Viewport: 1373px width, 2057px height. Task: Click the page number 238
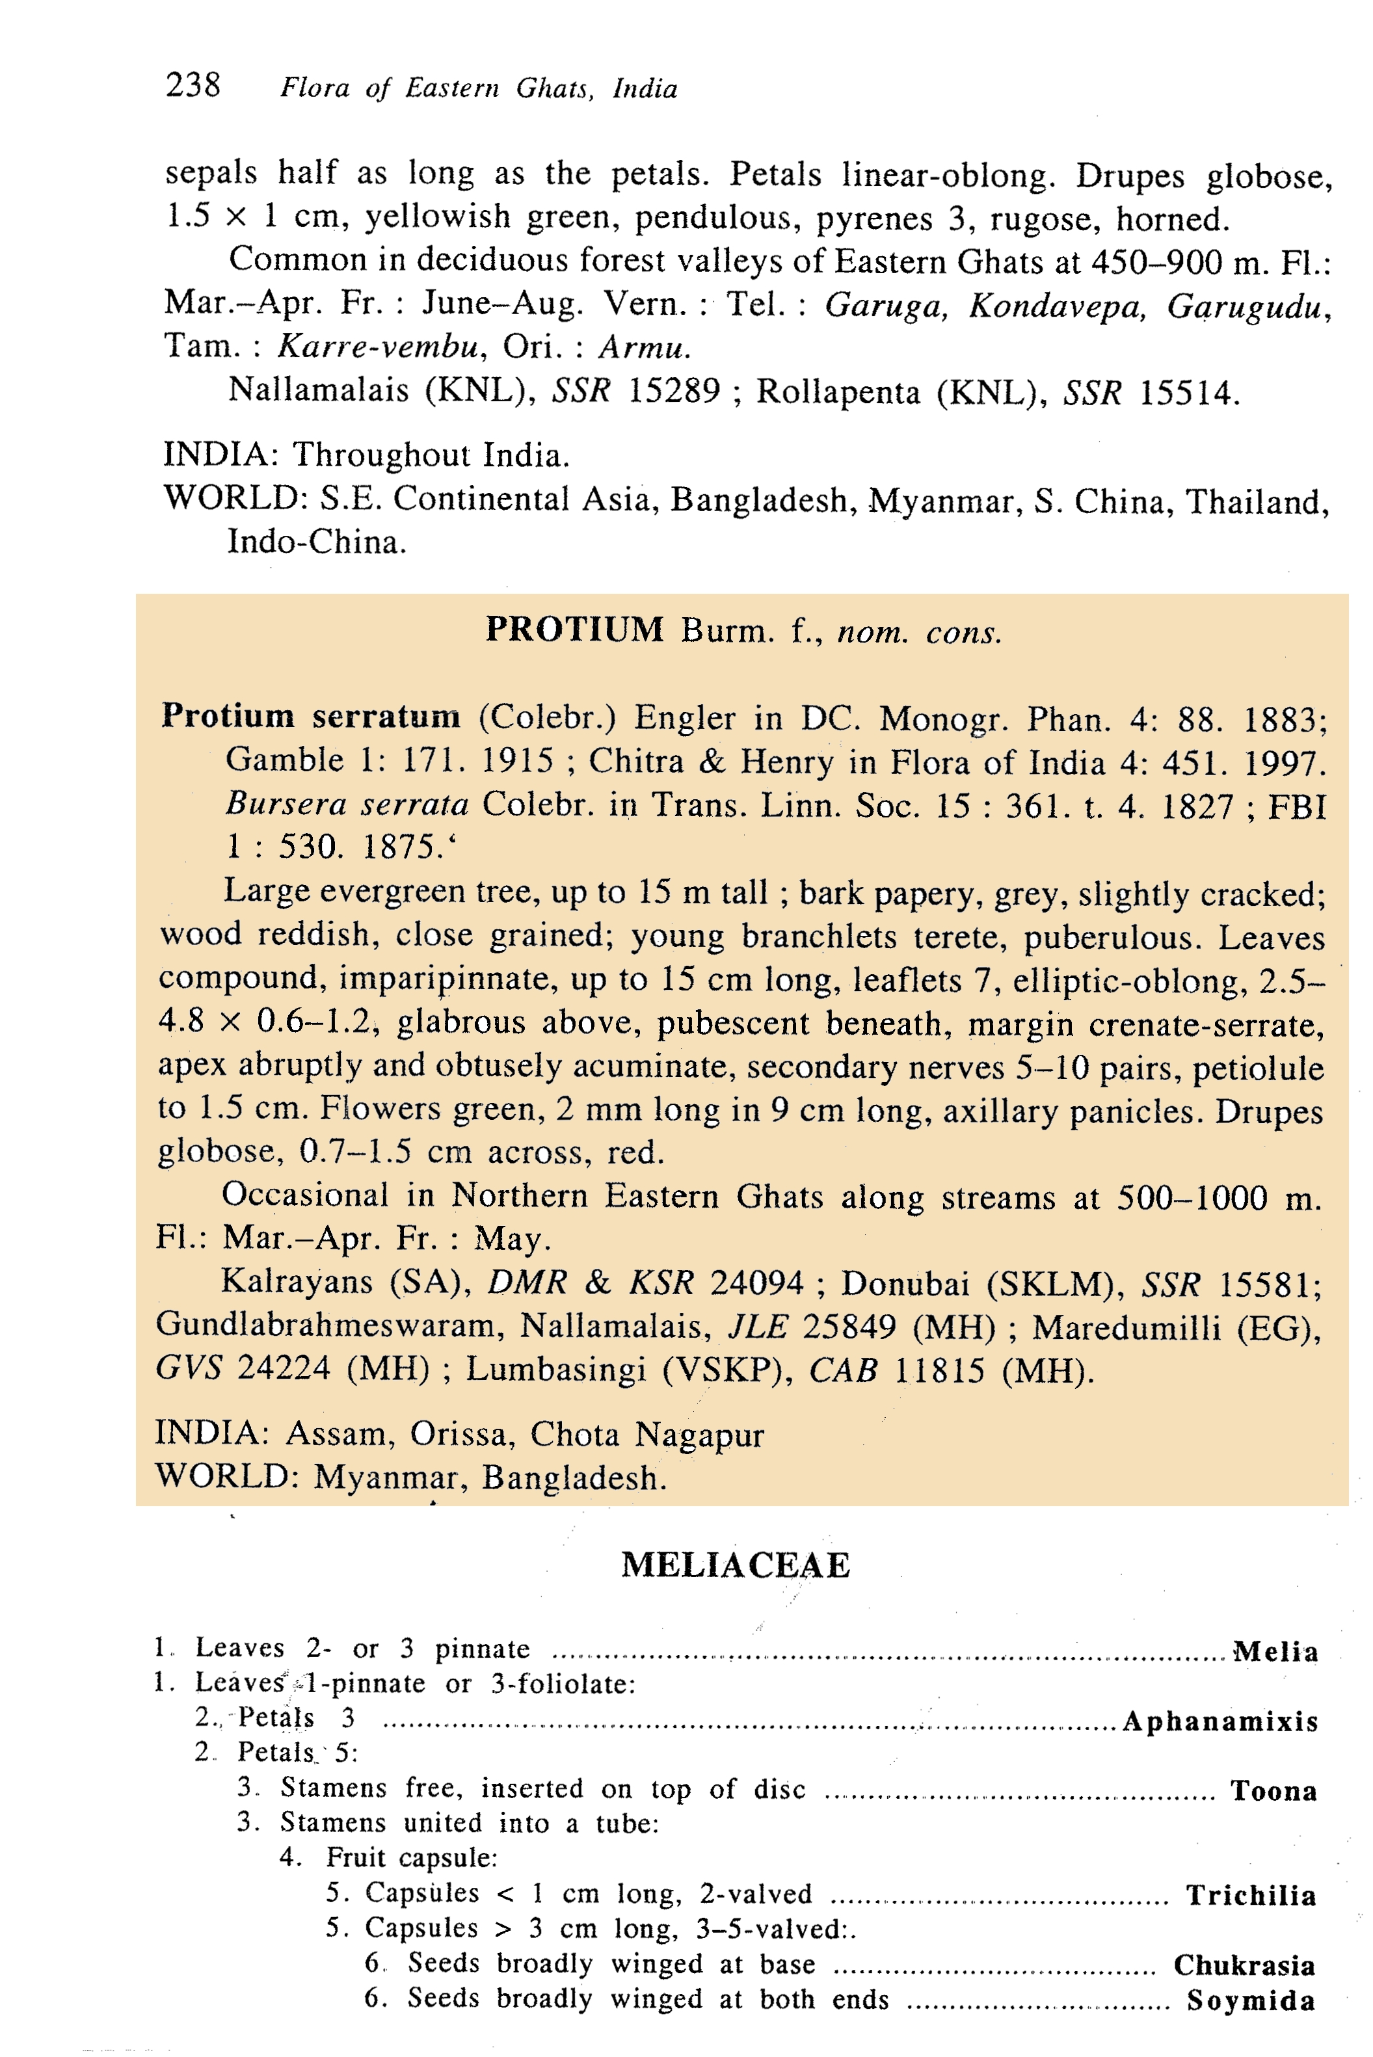(193, 85)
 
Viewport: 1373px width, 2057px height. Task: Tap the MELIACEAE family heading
(736, 1565)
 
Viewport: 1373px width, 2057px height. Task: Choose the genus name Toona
(1273, 1791)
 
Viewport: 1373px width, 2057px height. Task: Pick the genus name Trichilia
(1251, 1896)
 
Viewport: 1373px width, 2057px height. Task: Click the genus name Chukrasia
(1244, 1965)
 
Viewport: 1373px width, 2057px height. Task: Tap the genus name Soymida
(1251, 2001)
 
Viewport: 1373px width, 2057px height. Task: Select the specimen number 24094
(756, 1283)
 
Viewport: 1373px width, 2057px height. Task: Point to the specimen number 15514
(1188, 393)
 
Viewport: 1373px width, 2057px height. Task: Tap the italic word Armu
(645, 347)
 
